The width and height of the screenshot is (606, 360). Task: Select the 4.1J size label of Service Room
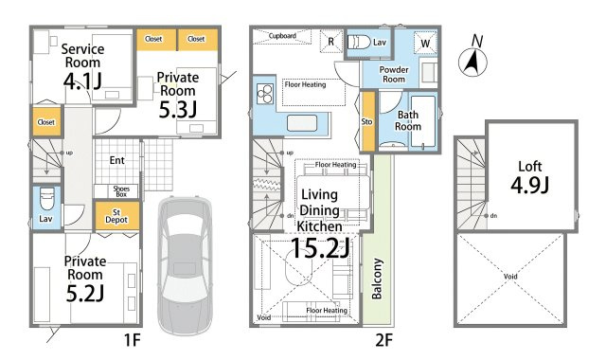pos(82,81)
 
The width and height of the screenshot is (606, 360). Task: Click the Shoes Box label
pos(121,191)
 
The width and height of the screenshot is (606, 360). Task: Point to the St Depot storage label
pos(116,216)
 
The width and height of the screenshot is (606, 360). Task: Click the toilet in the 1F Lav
pos(47,199)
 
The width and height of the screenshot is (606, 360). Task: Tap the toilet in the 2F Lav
pos(359,42)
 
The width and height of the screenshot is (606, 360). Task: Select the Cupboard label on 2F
pos(282,36)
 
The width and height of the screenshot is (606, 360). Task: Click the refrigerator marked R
pos(331,41)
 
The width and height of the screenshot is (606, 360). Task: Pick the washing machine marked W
pos(425,43)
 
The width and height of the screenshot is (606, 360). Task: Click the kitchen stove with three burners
pos(265,94)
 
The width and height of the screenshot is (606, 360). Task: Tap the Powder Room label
pos(394,74)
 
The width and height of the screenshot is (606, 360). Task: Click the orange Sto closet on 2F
pos(367,121)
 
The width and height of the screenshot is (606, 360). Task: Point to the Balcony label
pos(377,279)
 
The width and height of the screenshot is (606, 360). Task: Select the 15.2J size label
pos(320,248)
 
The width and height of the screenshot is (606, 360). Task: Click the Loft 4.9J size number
pos(530,185)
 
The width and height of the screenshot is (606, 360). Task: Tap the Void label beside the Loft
pos(510,277)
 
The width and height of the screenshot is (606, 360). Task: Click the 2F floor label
pos(383,340)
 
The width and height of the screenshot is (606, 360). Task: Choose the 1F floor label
pos(133,340)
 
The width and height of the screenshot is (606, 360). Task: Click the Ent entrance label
pos(117,160)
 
